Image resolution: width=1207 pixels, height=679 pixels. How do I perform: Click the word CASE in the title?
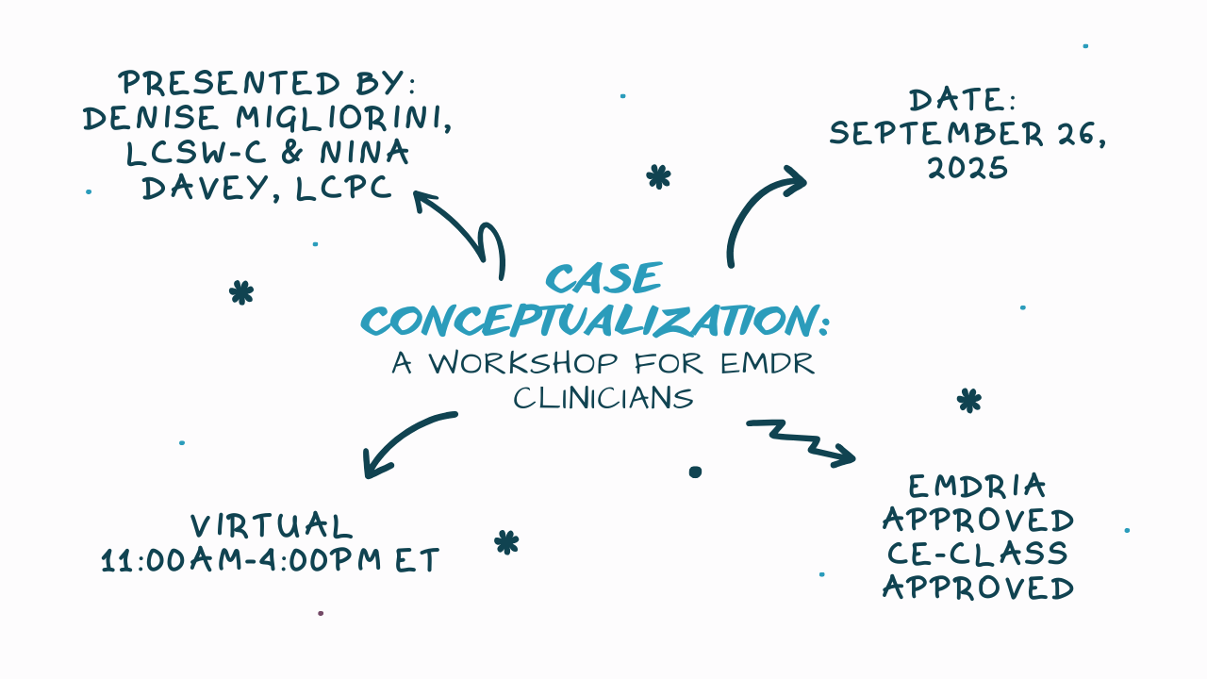click(x=604, y=279)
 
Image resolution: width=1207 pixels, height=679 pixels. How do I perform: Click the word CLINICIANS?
click(x=603, y=398)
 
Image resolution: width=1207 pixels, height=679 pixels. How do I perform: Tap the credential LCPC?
click(x=343, y=188)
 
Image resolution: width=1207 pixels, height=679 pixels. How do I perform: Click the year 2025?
click(x=967, y=168)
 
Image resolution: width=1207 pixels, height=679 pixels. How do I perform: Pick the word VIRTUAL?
click(x=272, y=526)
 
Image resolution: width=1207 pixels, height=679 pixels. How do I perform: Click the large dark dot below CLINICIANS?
click(x=695, y=472)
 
